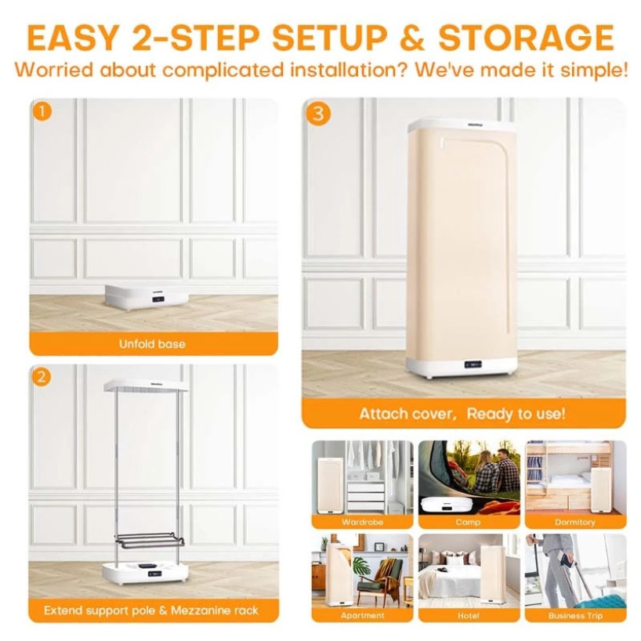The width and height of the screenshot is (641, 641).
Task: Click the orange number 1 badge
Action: pyautogui.click(x=42, y=111)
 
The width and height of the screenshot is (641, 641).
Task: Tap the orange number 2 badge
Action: pyautogui.click(x=42, y=377)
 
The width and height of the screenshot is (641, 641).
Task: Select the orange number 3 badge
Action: pyautogui.click(x=318, y=114)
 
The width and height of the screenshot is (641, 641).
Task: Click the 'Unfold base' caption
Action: pyautogui.click(x=152, y=344)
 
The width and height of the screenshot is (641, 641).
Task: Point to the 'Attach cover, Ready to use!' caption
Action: pyautogui.click(x=462, y=414)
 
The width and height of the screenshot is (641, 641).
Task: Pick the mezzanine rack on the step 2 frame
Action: pyautogui.click(x=150, y=540)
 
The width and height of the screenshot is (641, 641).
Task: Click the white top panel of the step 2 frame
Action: pyautogui.click(x=146, y=385)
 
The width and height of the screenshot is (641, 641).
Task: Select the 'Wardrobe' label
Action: pyautogui.click(x=363, y=522)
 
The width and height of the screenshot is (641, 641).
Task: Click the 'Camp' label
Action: pyautogui.click(x=468, y=522)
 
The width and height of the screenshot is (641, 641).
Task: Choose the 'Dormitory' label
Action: pyautogui.click(x=574, y=522)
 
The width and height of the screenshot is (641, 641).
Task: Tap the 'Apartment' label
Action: pyautogui.click(x=363, y=615)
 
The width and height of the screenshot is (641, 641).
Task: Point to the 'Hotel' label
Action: pyautogui.click(x=469, y=615)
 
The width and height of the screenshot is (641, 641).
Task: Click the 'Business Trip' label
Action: pyautogui.click(x=575, y=615)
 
